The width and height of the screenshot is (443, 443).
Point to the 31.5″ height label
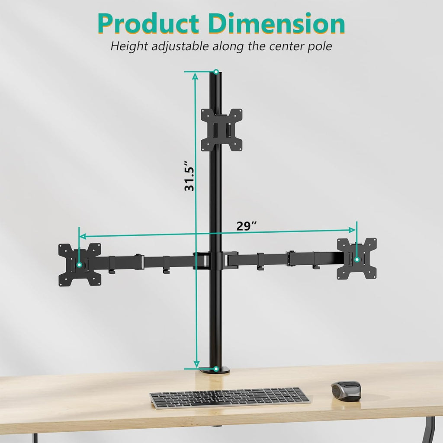click(x=189, y=176)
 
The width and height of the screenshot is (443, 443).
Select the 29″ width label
click(x=247, y=226)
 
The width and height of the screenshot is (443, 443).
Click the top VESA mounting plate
click(x=221, y=130)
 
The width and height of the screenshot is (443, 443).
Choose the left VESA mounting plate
click(x=80, y=264)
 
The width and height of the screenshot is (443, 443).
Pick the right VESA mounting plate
click(x=357, y=259)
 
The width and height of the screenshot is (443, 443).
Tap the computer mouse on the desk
click(x=346, y=391)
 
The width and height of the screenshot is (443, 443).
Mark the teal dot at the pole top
click(x=216, y=71)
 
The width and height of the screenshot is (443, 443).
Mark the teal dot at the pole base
click(x=215, y=369)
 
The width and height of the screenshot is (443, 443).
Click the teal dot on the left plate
click(x=79, y=264)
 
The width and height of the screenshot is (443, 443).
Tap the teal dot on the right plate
click(x=357, y=260)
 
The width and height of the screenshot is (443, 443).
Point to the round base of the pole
click(x=215, y=371)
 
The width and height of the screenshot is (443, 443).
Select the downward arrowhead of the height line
click(x=196, y=364)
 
